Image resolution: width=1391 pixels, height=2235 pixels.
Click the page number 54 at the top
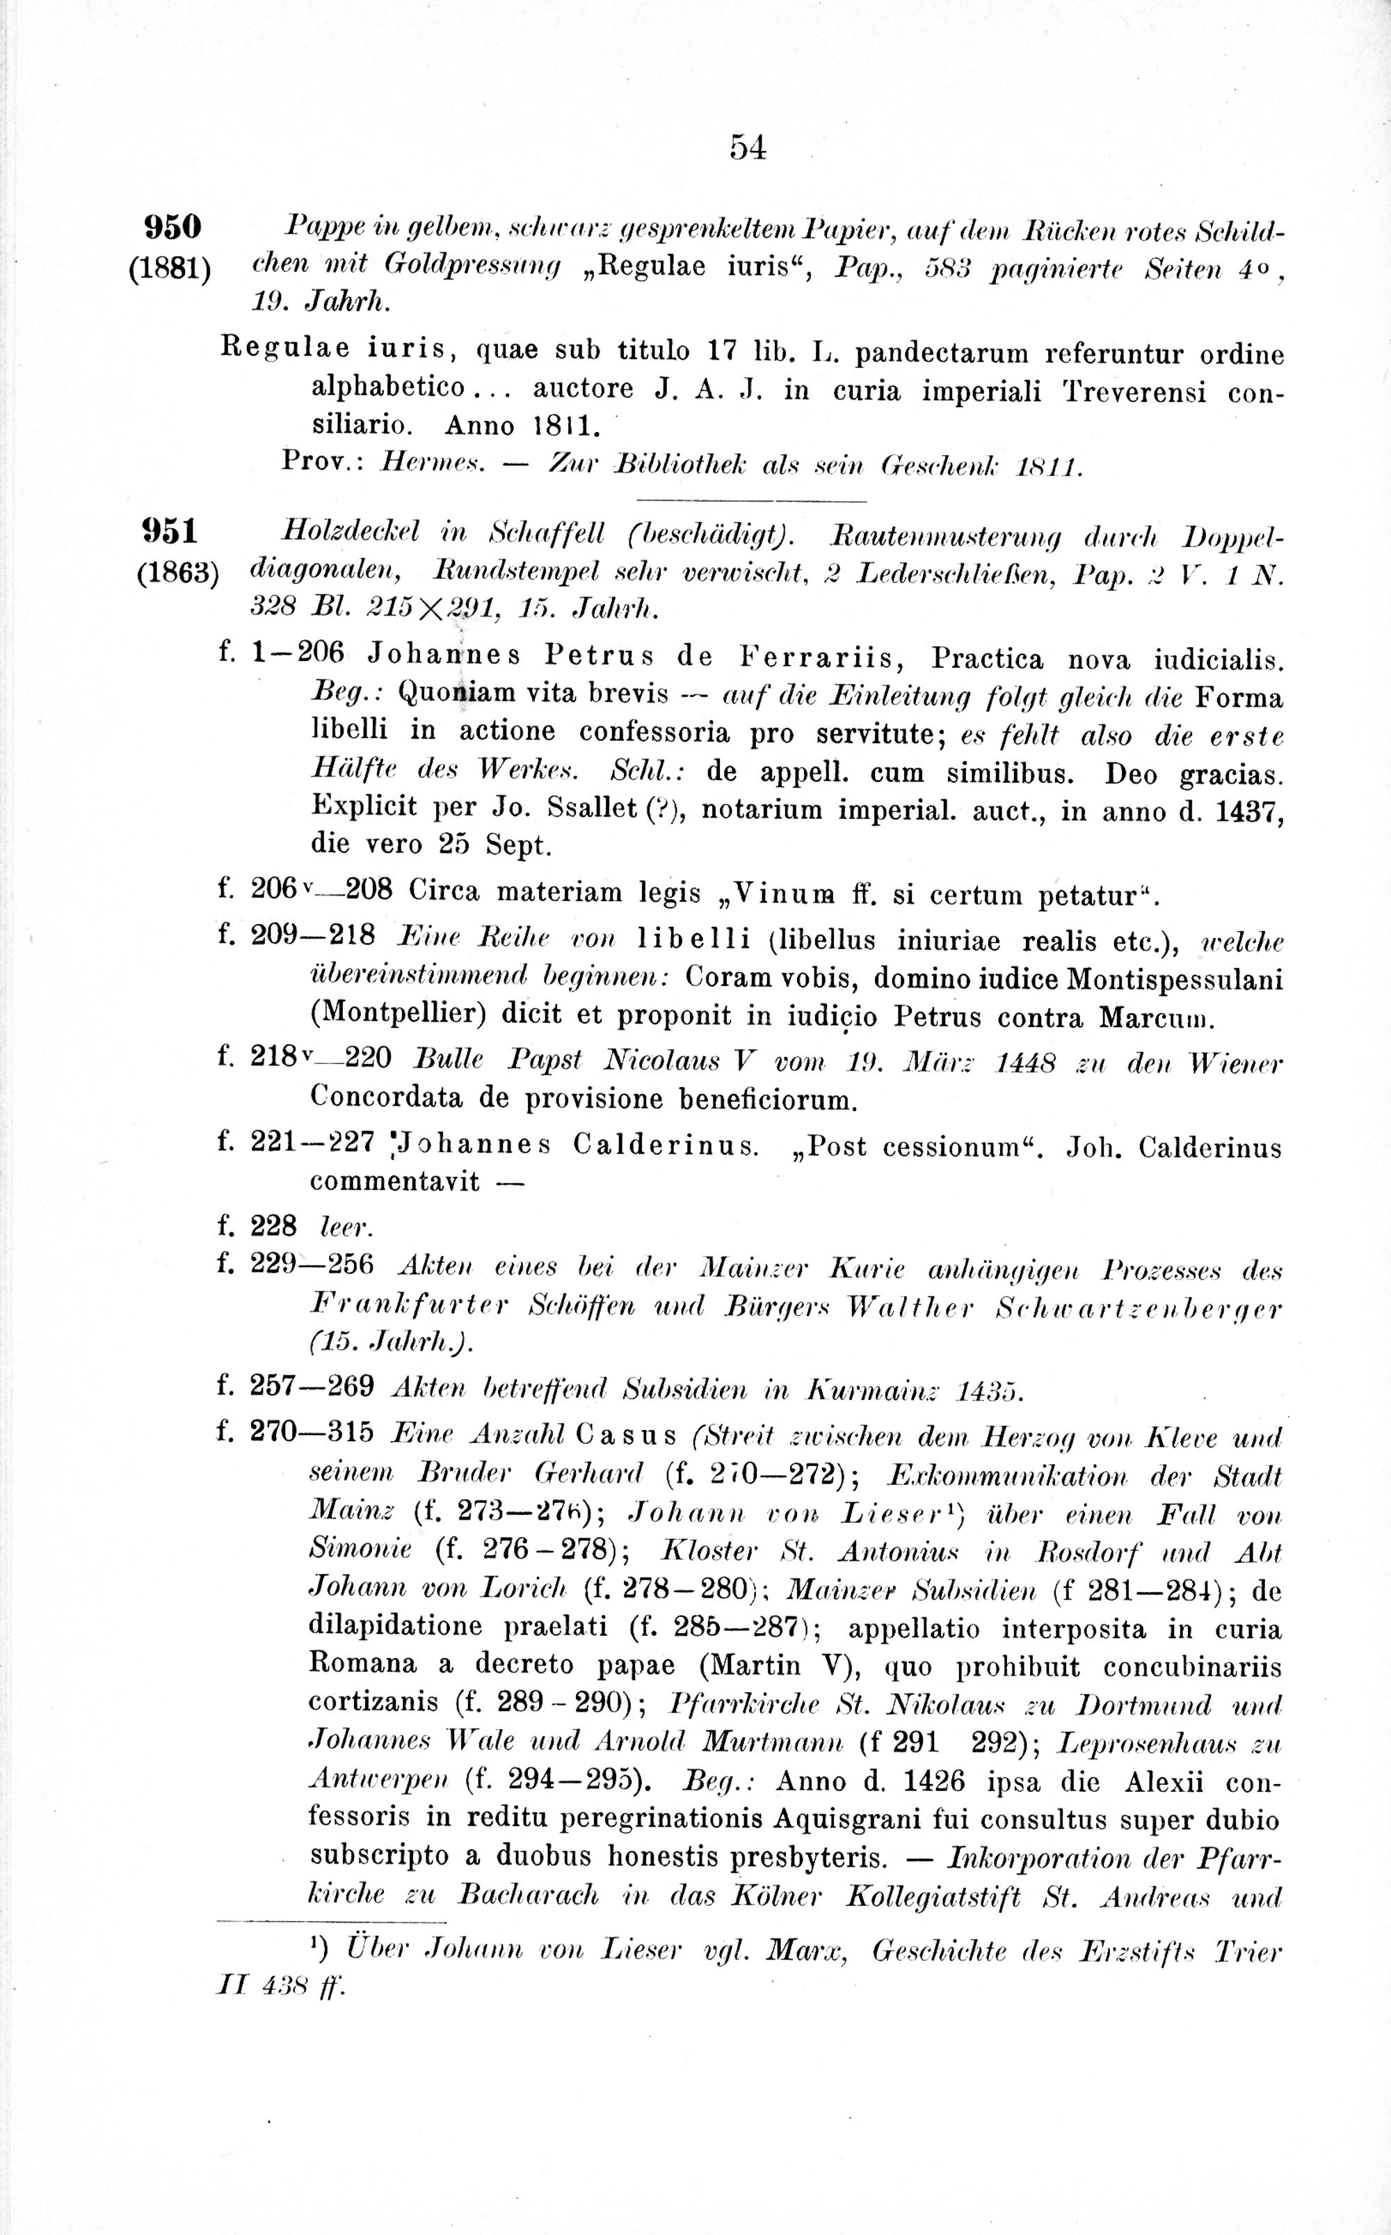click(x=747, y=148)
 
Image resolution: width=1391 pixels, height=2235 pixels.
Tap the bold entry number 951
click(x=171, y=532)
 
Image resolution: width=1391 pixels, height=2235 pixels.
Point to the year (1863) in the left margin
click(x=177, y=573)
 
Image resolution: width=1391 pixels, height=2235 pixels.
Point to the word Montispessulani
click(x=1175, y=978)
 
